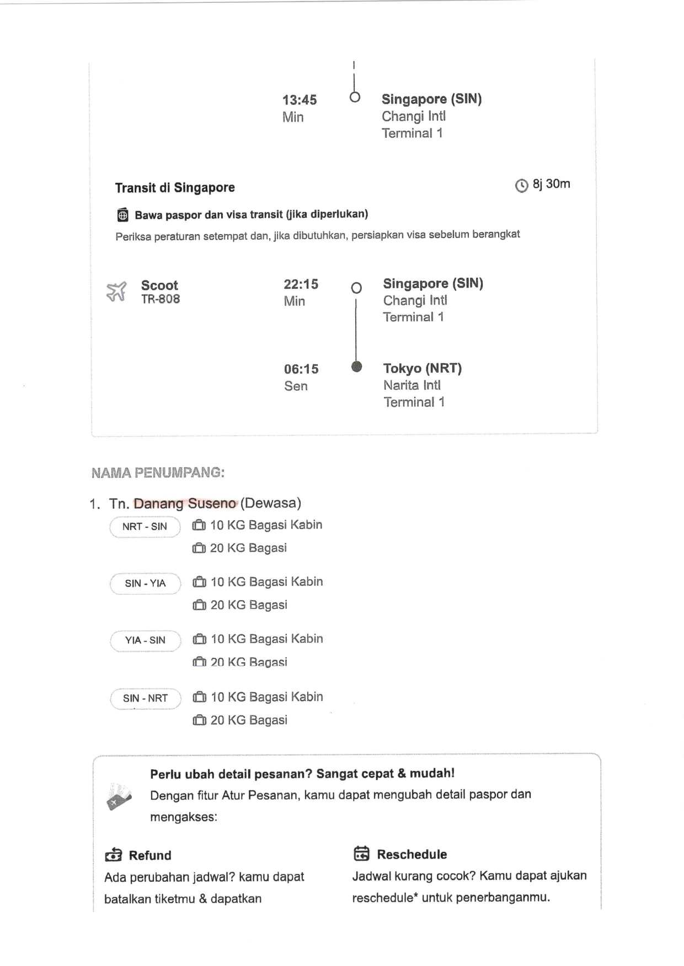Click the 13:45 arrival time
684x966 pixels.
[300, 100]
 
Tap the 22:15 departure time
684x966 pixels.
[301, 284]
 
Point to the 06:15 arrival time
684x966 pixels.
[301, 369]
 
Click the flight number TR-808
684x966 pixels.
[161, 299]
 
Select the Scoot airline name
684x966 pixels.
[159, 285]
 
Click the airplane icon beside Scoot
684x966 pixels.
[116, 292]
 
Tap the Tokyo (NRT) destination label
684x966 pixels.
[423, 368]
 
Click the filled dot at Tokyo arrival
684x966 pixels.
[357, 366]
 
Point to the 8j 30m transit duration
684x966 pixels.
[551, 184]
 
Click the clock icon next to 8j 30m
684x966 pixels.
[521, 186]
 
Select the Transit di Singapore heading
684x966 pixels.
[175, 188]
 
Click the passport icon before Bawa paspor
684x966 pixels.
[123, 215]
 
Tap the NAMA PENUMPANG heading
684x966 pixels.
[158, 473]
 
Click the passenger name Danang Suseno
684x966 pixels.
[185, 503]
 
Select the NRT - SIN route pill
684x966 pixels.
[145, 527]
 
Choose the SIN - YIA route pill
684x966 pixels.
[145, 584]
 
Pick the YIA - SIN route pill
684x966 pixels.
[145, 640]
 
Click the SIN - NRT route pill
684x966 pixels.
[145, 699]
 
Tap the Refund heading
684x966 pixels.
[150, 855]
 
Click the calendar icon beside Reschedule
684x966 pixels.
[361, 854]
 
